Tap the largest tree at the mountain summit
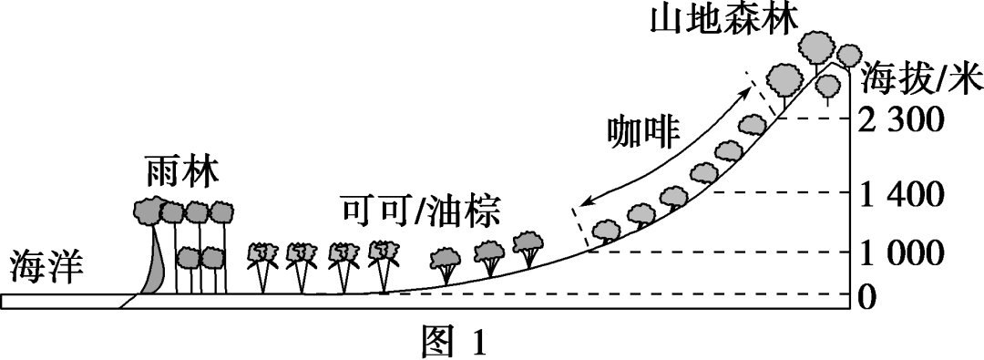(816, 46)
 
